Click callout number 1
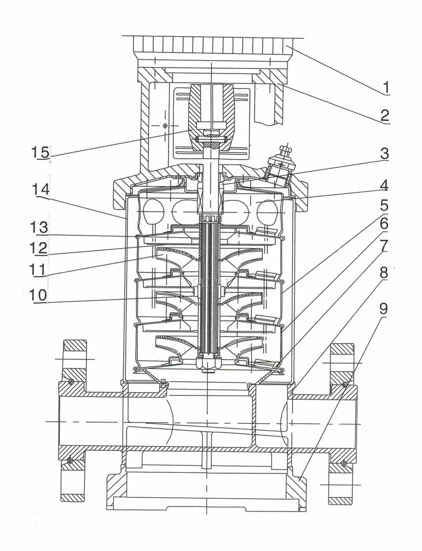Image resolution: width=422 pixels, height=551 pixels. click(x=386, y=87)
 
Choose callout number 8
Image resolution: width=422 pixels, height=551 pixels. click(x=384, y=272)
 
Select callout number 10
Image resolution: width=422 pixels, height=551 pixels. click(x=38, y=295)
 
